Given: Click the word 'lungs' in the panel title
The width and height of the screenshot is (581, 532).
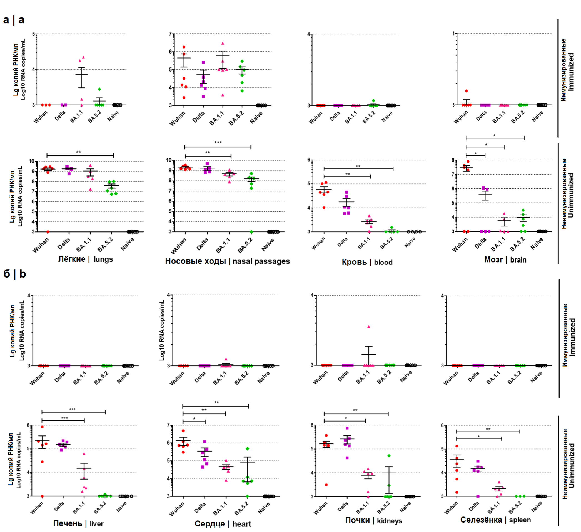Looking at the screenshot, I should [x=103, y=259].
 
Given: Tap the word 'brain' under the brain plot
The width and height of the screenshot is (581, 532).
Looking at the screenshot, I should [x=518, y=260].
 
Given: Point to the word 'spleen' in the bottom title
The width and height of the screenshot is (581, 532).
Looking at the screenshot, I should [x=520, y=520].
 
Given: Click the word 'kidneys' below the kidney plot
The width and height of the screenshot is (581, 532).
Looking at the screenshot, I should [x=389, y=521].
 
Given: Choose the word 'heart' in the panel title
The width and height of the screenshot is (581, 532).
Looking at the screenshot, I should [x=242, y=524].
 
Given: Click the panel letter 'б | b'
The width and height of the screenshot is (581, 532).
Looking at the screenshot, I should [x=14, y=274].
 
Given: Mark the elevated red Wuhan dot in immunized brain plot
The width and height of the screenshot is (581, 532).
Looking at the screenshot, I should [x=467, y=91].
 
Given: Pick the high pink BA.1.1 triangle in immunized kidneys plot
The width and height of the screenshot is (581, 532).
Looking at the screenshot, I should [x=369, y=327].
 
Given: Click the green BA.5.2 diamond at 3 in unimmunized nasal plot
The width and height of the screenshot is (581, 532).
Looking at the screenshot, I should [x=251, y=232].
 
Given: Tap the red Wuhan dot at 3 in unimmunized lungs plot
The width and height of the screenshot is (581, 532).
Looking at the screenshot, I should [x=48, y=232].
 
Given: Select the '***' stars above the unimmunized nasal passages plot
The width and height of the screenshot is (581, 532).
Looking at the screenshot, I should [x=218, y=142].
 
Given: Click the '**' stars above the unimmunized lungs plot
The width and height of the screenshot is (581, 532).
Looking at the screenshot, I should [x=78, y=152].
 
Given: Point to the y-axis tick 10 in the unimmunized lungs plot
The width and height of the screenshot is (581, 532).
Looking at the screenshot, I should [x=31, y=161].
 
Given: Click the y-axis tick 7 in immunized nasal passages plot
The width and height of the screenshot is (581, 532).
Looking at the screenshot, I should [x=170, y=34].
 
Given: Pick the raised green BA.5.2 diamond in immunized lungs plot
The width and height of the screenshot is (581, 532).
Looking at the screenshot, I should [x=99, y=89].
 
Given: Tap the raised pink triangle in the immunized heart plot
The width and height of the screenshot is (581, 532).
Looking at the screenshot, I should [x=226, y=359].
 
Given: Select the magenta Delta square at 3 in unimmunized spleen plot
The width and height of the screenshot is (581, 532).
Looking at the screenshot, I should [x=478, y=496].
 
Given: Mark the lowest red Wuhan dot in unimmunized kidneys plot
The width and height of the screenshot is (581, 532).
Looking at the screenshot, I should [x=326, y=485].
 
